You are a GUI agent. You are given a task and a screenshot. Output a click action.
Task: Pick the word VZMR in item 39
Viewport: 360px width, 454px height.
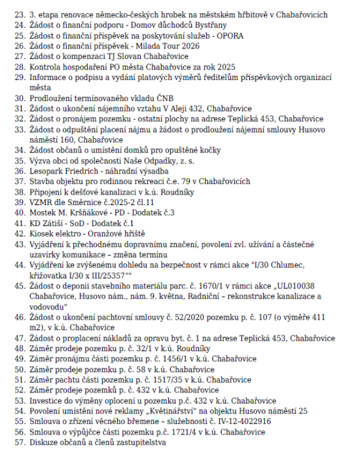point(43,202)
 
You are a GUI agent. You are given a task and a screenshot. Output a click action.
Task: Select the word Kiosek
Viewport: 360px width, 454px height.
point(45,234)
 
